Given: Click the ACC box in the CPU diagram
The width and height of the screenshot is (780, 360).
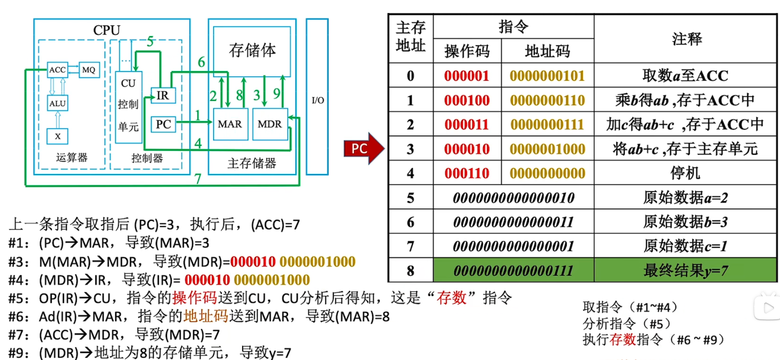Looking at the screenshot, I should coord(57,70).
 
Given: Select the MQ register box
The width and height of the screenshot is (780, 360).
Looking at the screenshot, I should coord(89,70).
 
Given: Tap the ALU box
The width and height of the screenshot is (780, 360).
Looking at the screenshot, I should coord(57,103).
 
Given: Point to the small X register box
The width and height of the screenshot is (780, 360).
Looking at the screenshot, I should coord(58,136).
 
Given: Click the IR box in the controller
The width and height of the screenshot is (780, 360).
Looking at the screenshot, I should coord(163,95).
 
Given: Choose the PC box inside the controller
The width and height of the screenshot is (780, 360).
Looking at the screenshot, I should coord(163,124).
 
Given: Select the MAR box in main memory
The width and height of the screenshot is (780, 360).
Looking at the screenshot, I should coord(230,124).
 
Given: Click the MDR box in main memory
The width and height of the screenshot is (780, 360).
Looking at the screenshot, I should coord(270,124).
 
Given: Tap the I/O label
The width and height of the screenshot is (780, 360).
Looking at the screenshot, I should coord(318,100).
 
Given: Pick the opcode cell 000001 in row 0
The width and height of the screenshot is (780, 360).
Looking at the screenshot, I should coord(467,76).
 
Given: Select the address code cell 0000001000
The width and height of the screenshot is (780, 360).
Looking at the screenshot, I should coord(547,149).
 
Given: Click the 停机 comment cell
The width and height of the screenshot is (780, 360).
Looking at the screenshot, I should coord(685,173).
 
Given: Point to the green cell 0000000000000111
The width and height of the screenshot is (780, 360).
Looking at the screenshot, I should coord(513,270).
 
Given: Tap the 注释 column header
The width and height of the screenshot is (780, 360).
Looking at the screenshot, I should coord(686,39).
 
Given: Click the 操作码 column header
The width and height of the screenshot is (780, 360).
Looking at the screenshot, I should coord(467,51).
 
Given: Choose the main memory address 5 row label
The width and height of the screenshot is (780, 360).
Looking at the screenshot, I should coord(410,198).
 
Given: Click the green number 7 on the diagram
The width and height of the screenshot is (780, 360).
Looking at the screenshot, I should coord(197,179).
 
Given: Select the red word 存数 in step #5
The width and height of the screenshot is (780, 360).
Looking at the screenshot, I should coord(451,298).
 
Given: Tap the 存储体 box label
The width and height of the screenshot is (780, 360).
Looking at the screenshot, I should coord(252,50).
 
